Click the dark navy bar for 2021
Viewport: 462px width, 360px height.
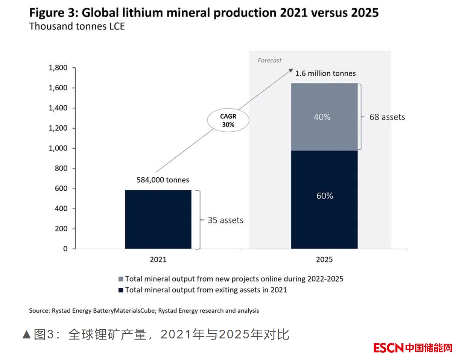pyautogui.click(x=158, y=219)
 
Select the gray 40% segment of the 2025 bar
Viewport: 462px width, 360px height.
pyautogui.click(x=324, y=117)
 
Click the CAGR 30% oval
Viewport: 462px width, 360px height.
pyautogui.click(x=227, y=121)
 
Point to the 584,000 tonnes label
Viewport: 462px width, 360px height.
pyautogui.click(x=163, y=180)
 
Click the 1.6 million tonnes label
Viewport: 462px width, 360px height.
pyautogui.click(x=325, y=73)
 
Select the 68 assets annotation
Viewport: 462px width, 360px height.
pyautogui.click(x=387, y=117)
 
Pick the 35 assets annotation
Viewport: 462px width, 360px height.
pyautogui.click(x=225, y=220)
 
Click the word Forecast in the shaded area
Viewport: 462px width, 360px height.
pyautogui.click(x=269, y=60)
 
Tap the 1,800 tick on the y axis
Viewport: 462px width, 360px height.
pyautogui.click(x=58, y=68)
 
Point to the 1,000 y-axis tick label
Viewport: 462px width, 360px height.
pyautogui.click(x=58, y=148)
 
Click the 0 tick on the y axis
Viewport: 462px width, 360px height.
pyautogui.click(x=65, y=249)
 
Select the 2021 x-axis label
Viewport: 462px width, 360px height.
pyautogui.click(x=158, y=260)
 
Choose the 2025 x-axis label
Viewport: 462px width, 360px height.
pyautogui.click(x=324, y=260)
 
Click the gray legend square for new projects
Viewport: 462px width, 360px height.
pyautogui.click(x=121, y=279)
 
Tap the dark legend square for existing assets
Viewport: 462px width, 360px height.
pyautogui.click(x=121, y=290)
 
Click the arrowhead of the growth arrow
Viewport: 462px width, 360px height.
pyautogui.click(x=291, y=70)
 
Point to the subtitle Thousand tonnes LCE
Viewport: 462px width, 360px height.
pyautogui.click(x=77, y=26)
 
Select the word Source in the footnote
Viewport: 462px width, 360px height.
pyautogui.click(x=39, y=311)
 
